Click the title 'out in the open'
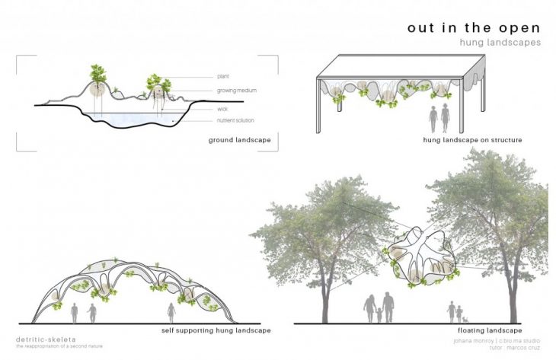pyautogui.click(x=474, y=27)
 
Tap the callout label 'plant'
pyautogui.click(x=223, y=76)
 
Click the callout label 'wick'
pyautogui.click(x=221, y=109)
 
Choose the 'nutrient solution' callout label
pyautogui.click(x=235, y=120)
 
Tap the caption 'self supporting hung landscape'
pyautogui.click(x=216, y=332)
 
